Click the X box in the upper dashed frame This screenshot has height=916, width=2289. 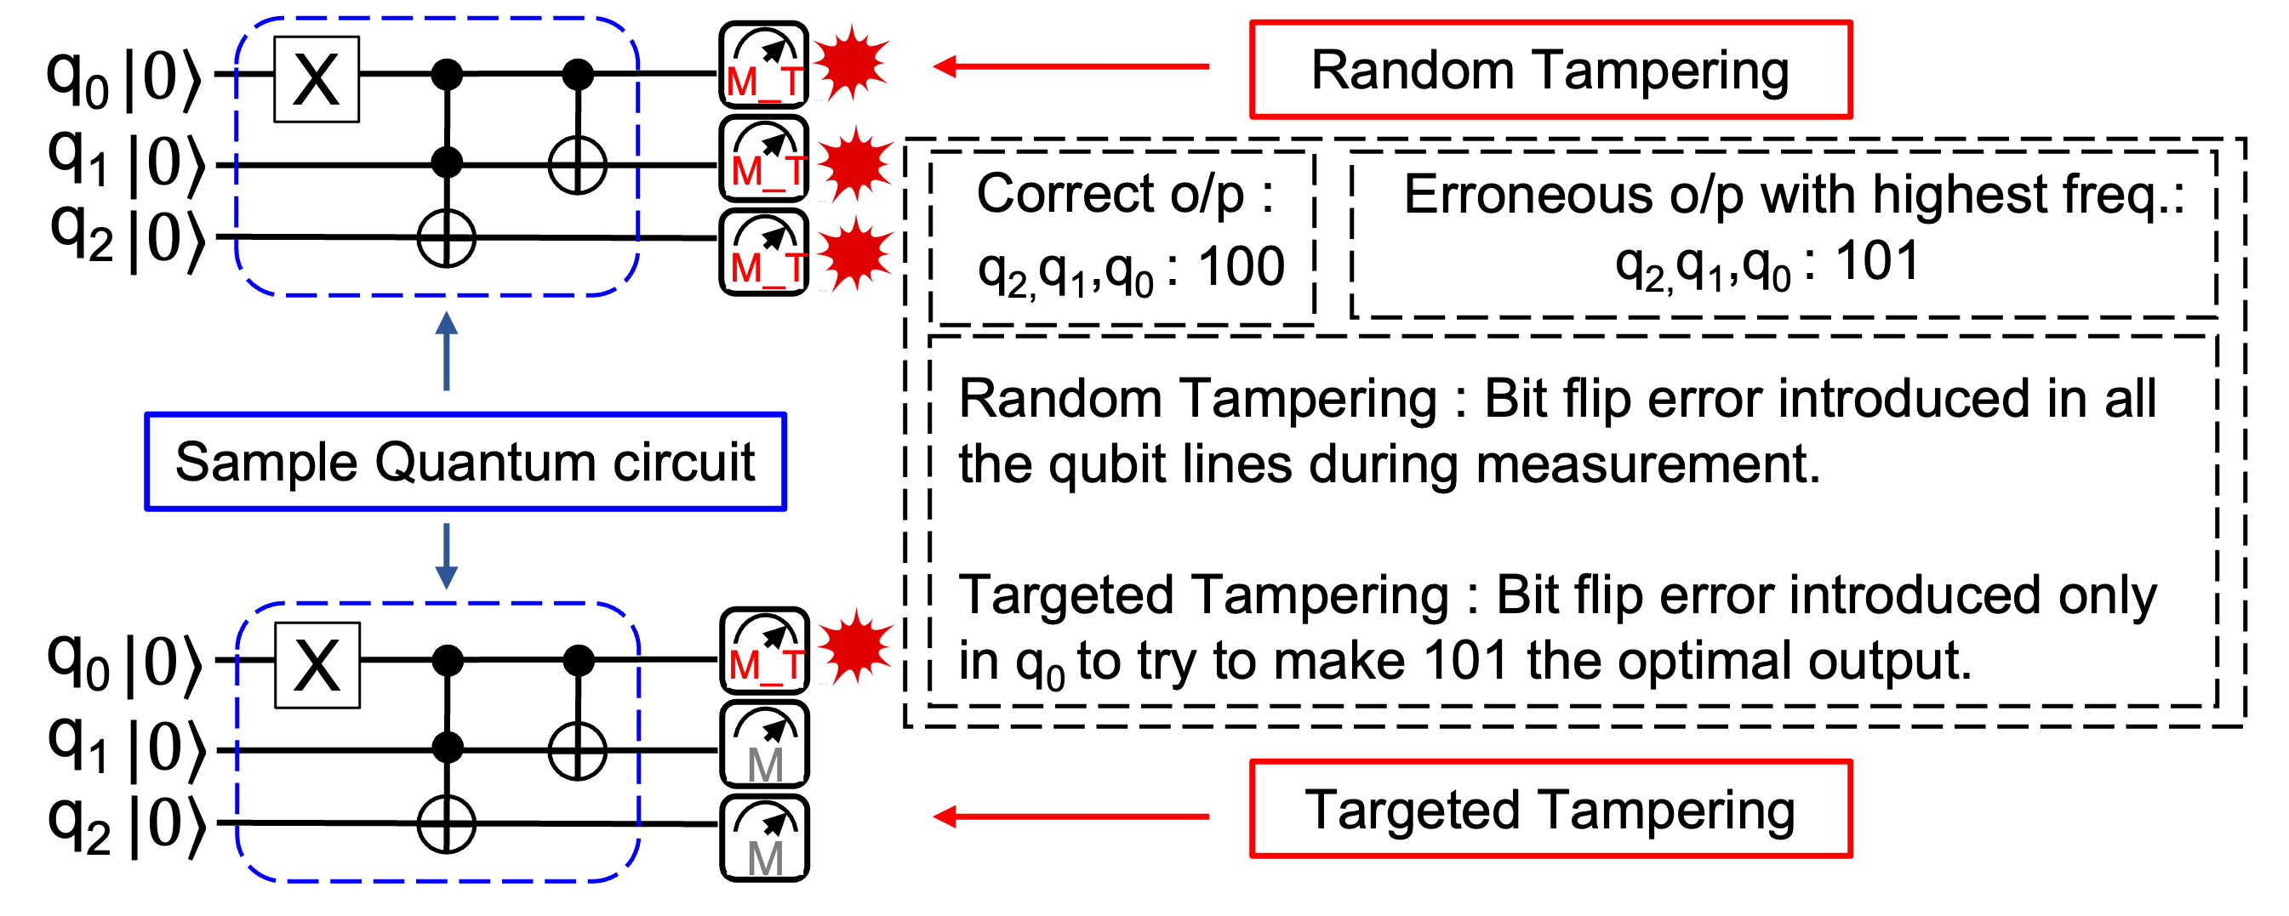[317, 79]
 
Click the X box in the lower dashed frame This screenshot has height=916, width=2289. [317, 664]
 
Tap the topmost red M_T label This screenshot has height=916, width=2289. [764, 81]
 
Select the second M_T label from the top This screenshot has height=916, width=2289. [765, 172]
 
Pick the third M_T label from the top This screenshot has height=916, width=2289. [765, 266]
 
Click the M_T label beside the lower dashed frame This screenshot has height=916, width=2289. [765, 664]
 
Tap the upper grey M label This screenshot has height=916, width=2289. [765, 760]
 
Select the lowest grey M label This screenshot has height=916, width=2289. [765, 854]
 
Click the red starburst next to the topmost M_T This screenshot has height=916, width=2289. [851, 63]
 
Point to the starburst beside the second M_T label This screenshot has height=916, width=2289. [856, 164]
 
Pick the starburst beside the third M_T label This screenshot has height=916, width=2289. [856, 254]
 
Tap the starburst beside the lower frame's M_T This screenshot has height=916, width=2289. [856, 646]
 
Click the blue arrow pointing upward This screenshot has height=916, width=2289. [446, 351]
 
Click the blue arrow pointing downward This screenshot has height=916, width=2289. [446, 555]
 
